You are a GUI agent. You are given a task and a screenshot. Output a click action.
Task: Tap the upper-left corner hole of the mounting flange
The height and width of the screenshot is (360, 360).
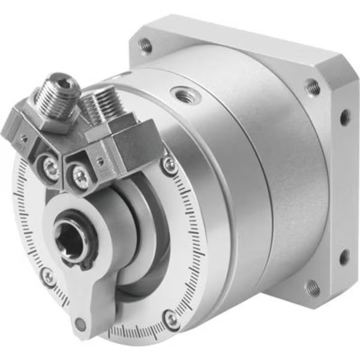click(x=145, y=44)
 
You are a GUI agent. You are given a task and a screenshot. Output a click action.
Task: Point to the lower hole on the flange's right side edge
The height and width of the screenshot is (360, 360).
click(x=344, y=257)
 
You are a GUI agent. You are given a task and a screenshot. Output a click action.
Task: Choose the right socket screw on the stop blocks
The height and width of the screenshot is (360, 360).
click(x=79, y=175)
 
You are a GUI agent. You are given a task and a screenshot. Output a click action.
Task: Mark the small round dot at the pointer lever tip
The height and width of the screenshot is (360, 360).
click(x=80, y=325)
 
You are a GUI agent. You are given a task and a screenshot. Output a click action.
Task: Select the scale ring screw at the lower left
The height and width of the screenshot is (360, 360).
click(x=47, y=276)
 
